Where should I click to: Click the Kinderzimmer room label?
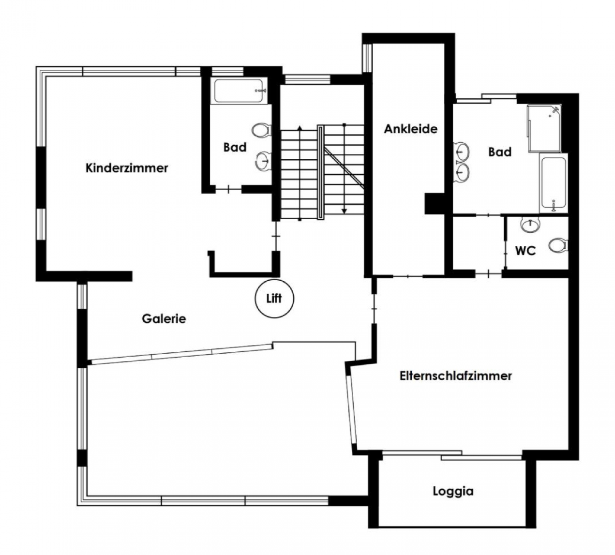coord(127,168)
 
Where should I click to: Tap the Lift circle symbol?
coord(274,298)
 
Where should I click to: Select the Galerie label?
coord(164,319)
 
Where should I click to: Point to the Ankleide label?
coord(411,129)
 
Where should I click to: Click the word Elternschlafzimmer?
coord(456,376)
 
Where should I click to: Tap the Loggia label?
coord(453,491)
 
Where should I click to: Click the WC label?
coord(526,251)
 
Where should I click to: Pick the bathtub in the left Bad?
coord(239,91)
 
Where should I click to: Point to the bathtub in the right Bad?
coord(553,183)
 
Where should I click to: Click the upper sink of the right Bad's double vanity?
coord(462,151)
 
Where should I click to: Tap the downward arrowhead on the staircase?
coord(344,211)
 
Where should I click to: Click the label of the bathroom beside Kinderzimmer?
coord(235,147)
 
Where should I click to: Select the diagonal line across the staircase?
coord(344,168)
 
